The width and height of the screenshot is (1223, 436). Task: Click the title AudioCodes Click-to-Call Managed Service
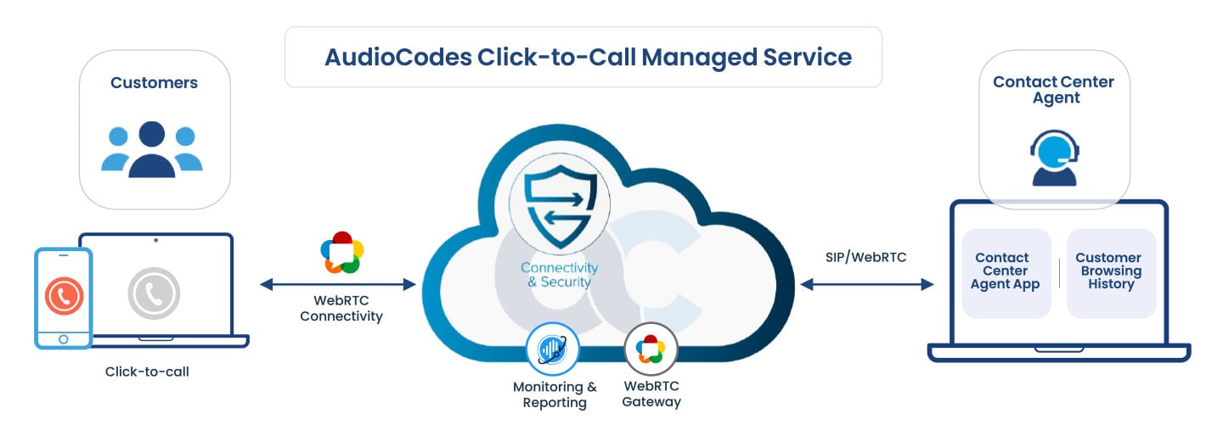coord(588,57)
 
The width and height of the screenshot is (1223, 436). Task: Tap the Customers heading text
coord(154,83)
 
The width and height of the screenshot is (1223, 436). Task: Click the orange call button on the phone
coord(63,294)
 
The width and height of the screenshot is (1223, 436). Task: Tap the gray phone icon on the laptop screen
coord(154,293)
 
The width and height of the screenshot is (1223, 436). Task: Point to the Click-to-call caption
coord(147,372)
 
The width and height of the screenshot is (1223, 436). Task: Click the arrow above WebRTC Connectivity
coord(338,284)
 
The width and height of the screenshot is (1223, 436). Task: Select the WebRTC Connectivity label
coord(341,308)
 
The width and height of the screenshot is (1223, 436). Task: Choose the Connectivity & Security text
coord(559,275)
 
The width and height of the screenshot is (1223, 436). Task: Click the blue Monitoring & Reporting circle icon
coord(552,349)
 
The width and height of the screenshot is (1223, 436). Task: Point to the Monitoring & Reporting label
coord(555,394)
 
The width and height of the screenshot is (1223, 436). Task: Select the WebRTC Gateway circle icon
coord(651,349)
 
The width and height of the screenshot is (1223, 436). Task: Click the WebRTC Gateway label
coord(651,394)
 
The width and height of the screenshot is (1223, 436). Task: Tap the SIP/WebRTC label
coord(865,256)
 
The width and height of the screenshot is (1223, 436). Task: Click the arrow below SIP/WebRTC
coord(866,285)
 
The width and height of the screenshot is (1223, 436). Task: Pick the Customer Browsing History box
coord(1109,271)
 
